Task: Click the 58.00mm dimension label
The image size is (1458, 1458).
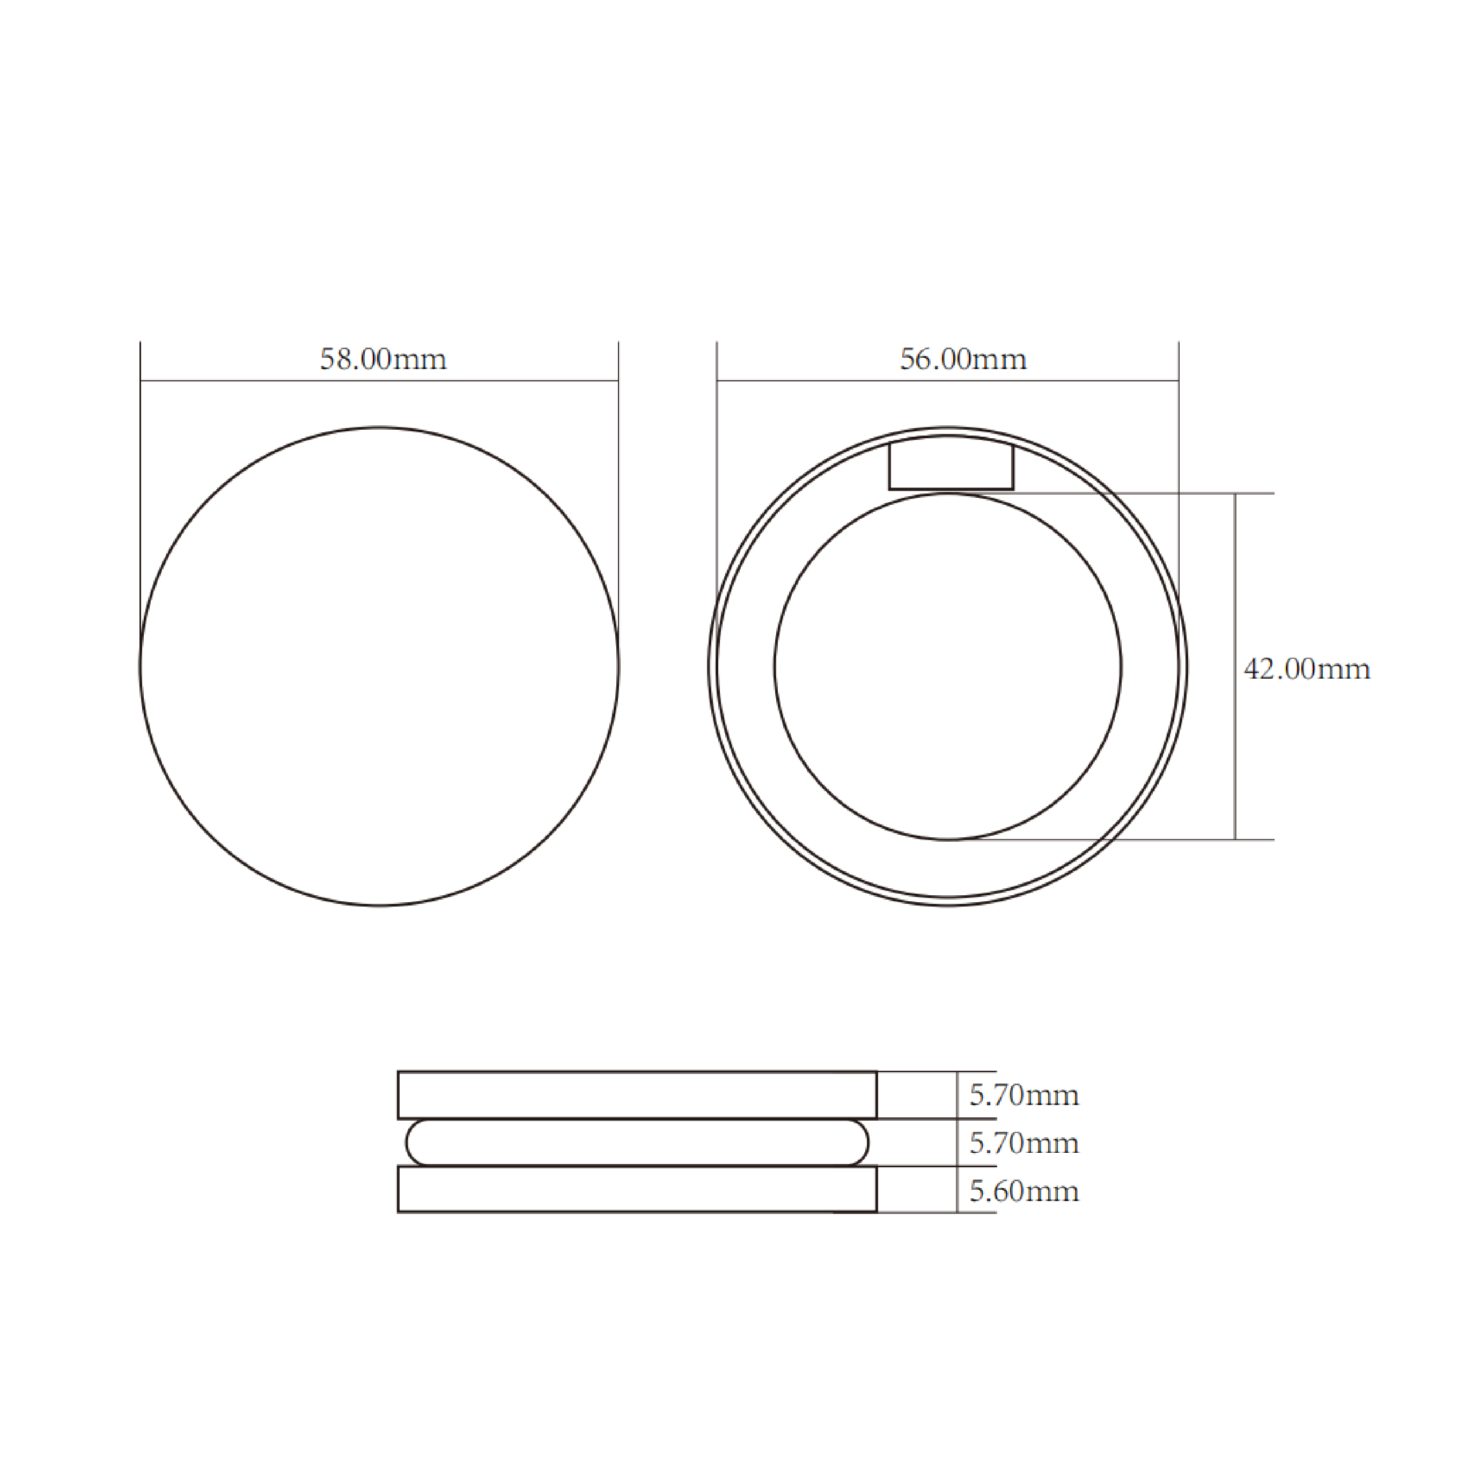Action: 384,359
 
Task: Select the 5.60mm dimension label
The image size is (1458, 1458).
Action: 1024,1191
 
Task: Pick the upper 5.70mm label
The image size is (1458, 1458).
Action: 1024,1095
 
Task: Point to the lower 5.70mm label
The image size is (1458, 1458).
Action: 1024,1143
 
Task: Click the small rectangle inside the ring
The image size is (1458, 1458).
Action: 951,489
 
